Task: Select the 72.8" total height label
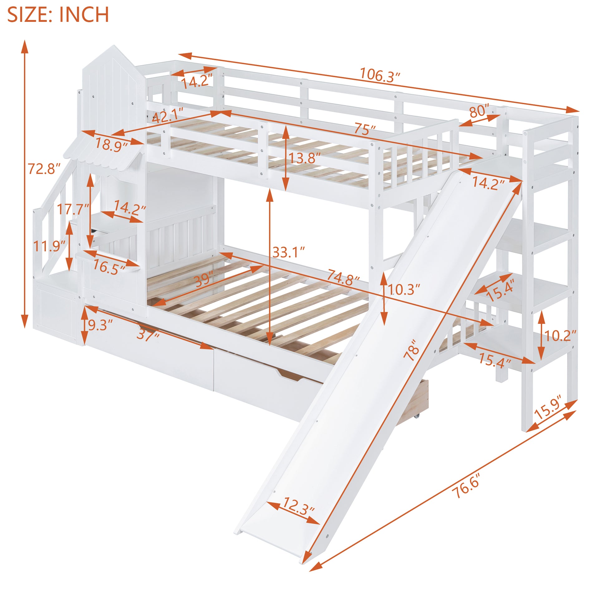click(x=44, y=169)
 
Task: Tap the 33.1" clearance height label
click(x=289, y=252)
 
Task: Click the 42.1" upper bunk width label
click(x=168, y=117)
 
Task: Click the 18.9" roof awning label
click(x=111, y=144)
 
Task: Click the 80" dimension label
click(x=479, y=111)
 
